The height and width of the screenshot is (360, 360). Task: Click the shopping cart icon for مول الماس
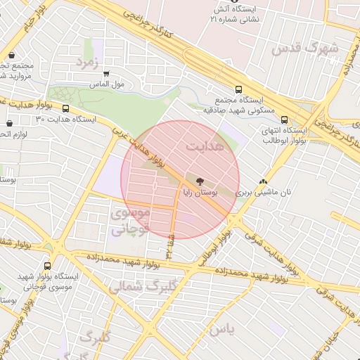coord(106,73)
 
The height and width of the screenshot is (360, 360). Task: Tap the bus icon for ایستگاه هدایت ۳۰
coord(66,109)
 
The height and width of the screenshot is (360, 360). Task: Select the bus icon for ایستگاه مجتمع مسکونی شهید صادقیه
coord(238,90)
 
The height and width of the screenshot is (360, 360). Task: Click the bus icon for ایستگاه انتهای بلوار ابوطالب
coord(285,120)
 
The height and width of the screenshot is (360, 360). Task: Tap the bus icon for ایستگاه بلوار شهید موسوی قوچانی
coord(47,266)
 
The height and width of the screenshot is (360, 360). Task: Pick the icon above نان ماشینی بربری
coord(263,181)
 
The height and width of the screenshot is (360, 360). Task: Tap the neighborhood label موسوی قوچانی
coord(130,220)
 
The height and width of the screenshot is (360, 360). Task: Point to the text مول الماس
coord(108,84)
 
